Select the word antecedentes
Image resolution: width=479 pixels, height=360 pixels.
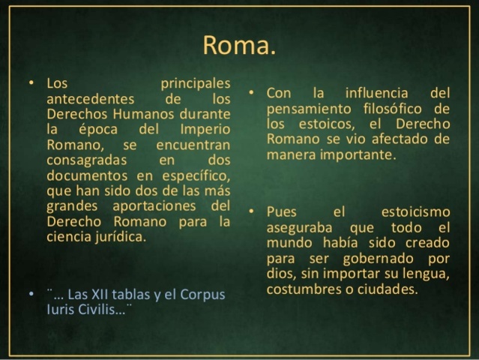(90, 99)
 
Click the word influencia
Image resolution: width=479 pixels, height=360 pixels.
(373, 94)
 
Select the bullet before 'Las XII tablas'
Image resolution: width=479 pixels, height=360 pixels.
(30, 293)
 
